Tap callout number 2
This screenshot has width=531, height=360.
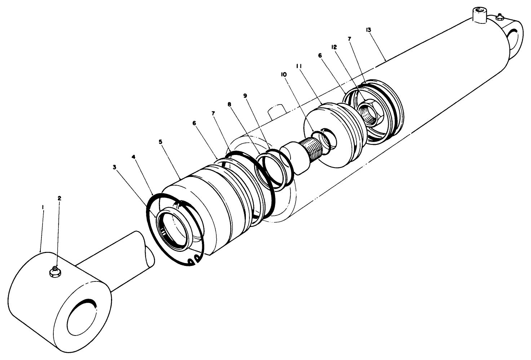click(59, 198)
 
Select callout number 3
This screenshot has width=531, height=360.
click(115, 167)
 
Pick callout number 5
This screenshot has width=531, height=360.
click(160, 142)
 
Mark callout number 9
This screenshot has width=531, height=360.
click(245, 95)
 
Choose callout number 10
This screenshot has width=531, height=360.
click(283, 74)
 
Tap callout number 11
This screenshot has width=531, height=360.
click(299, 66)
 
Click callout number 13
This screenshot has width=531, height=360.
click(368, 30)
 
